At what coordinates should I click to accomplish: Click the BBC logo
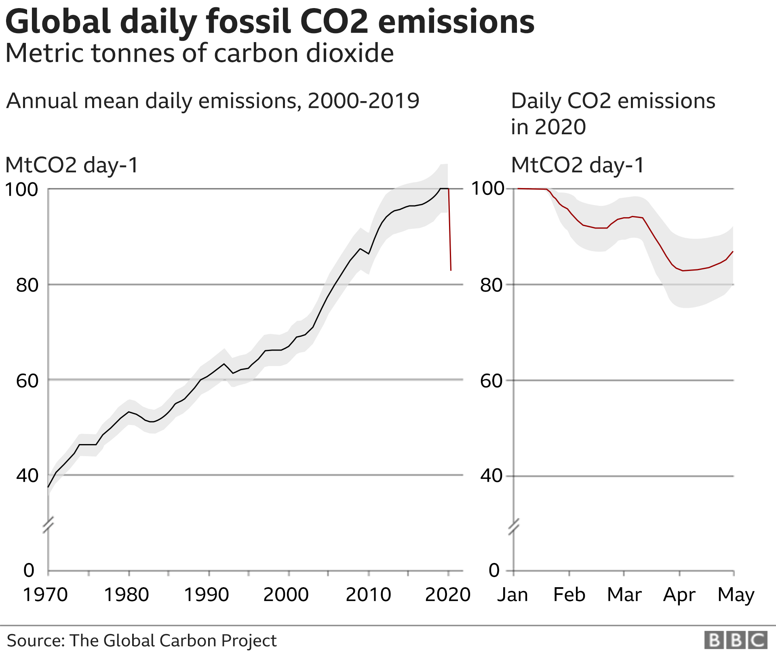736,641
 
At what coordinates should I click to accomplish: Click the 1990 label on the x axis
207,594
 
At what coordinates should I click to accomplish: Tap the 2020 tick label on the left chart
447,594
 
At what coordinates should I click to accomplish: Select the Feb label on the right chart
569,594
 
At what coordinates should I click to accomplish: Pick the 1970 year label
45,594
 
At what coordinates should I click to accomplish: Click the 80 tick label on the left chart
27,285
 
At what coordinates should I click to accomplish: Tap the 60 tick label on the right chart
491,381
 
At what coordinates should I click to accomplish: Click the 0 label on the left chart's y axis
29,570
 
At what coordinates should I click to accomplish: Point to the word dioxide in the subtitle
350,53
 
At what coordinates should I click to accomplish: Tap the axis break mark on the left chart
48,525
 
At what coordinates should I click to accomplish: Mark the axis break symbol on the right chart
514,526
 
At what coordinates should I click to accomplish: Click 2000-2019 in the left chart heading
363,101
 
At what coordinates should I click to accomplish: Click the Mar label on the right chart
624,594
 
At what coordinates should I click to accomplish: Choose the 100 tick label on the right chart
488,188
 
